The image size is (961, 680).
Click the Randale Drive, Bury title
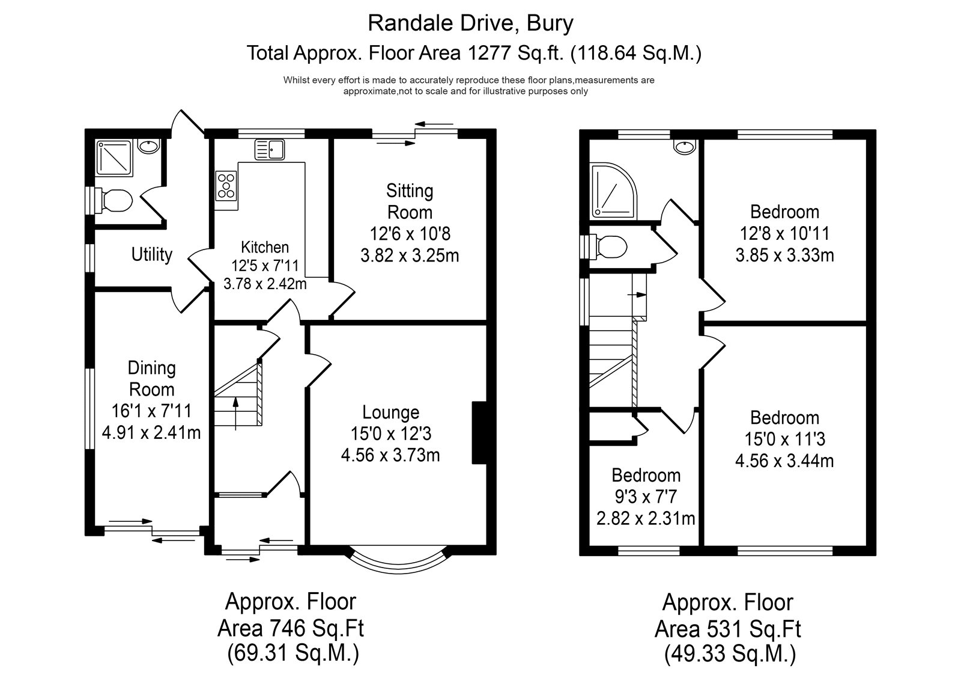(x=471, y=24)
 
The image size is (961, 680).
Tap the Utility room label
(x=152, y=255)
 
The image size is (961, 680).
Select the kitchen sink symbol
(x=270, y=150)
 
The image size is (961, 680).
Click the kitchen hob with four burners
(x=226, y=186)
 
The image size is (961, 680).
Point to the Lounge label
(x=391, y=412)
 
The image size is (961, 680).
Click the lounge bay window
(x=399, y=568)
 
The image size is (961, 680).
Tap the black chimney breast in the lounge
(x=479, y=432)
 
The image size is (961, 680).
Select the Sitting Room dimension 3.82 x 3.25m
(x=410, y=256)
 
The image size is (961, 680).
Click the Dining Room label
(x=152, y=379)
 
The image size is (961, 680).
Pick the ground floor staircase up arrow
(x=235, y=414)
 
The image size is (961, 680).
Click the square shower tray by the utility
(x=114, y=158)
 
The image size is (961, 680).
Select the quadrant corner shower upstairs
(x=613, y=191)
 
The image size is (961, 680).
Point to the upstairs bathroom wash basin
(x=684, y=147)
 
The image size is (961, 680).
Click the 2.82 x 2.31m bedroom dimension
(x=646, y=518)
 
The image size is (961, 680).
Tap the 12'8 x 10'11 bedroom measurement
(x=784, y=234)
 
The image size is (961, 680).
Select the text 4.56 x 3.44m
(x=784, y=461)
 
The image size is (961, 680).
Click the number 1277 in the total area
(x=489, y=54)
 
